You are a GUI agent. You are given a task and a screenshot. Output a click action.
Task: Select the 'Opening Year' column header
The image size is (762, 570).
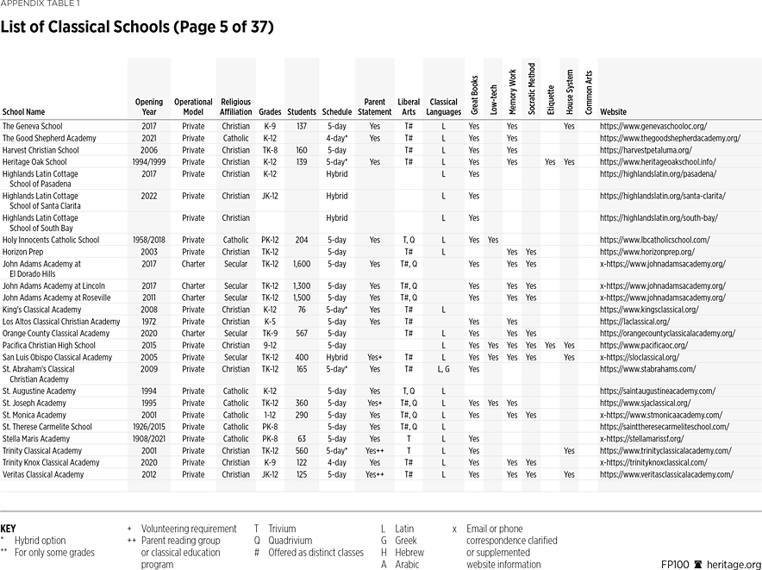(x=148, y=107)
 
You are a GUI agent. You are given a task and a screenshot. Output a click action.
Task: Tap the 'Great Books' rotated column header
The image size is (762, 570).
(x=474, y=95)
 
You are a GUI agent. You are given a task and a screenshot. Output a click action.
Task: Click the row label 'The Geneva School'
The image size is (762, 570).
(x=32, y=126)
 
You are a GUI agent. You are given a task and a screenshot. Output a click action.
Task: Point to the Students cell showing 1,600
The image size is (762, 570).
(x=301, y=264)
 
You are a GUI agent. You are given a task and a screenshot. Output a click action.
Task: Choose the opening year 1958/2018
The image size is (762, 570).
(x=148, y=240)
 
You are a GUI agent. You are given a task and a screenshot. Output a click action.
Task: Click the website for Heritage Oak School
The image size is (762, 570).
(x=659, y=162)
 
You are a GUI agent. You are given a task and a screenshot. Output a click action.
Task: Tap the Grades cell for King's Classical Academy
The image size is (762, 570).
(x=270, y=310)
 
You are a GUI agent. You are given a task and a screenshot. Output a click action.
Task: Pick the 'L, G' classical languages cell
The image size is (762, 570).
(x=443, y=369)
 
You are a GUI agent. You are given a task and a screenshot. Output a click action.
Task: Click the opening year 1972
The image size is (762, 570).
(x=148, y=322)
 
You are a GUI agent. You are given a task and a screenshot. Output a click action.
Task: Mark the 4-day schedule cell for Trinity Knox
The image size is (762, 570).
(x=336, y=463)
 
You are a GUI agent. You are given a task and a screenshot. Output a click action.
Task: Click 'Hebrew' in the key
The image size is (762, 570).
(x=410, y=553)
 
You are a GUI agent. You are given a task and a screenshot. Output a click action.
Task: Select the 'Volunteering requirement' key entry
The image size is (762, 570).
(x=188, y=529)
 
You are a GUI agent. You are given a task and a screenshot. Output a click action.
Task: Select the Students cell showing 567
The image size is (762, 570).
(x=301, y=334)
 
